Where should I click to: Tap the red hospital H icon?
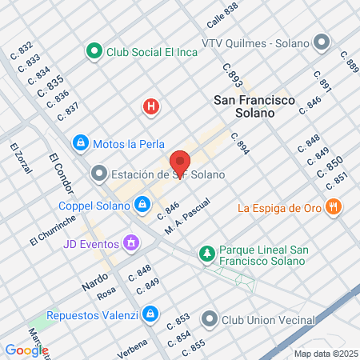point(150,106)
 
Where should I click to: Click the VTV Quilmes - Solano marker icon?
point(322,42)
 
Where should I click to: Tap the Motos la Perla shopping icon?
point(80,144)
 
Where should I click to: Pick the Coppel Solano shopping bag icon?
point(142,205)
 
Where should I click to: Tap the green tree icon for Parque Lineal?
point(207,254)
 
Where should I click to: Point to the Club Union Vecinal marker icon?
point(210,319)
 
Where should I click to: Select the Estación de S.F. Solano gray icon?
point(99,173)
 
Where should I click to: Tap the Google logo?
point(26,350)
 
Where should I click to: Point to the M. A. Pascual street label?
point(187,213)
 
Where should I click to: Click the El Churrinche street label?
point(51,231)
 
